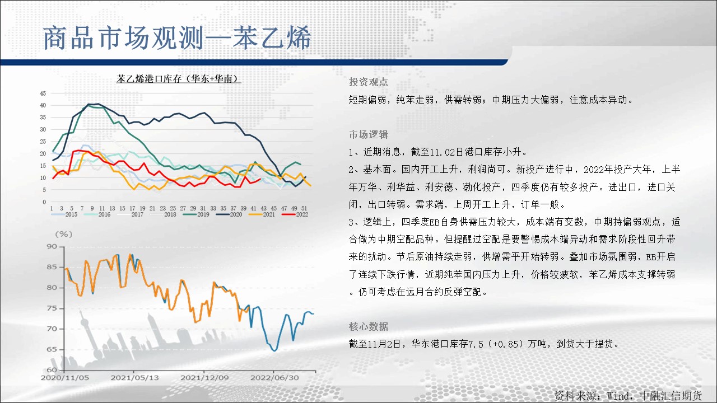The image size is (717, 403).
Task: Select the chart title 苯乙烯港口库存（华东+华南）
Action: (x=179, y=79)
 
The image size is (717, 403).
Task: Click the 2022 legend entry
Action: (x=295, y=214)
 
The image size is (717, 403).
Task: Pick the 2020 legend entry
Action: (x=229, y=214)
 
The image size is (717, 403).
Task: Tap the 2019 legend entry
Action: (x=196, y=214)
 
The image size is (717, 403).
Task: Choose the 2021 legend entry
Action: (x=262, y=214)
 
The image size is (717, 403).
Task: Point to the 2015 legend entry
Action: (x=64, y=214)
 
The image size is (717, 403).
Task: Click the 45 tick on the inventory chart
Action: (x=43, y=93)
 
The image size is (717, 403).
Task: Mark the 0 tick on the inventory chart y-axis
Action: (x=44, y=202)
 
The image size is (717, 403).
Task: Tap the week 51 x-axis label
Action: (x=304, y=208)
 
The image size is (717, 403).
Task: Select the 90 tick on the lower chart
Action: (x=52, y=246)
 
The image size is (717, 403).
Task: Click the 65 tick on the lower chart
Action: (x=52, y=349)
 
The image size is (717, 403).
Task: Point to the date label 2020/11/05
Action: (x=65, y=378)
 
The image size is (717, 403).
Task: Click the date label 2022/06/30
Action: (x=274, y=378)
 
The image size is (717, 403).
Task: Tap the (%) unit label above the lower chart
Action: (x=64, y=235)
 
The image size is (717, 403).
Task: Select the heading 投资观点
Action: (x=369, y=82)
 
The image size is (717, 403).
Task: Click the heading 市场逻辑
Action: (x=369, y=135)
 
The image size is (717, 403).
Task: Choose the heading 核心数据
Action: (x=369, y=326)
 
